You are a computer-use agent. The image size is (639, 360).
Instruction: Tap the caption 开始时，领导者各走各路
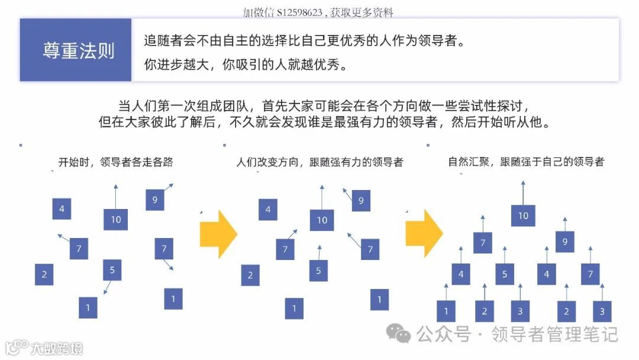point(115,162)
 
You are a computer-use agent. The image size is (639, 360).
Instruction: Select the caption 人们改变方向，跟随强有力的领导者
point(319,162)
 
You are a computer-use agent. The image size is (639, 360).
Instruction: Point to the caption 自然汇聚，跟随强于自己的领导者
point(526,162)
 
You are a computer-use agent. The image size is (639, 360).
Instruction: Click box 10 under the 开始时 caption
point(115,220)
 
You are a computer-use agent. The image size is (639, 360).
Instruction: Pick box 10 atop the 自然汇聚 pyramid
point(523,216)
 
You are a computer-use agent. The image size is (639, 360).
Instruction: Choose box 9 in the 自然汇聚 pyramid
point(564,242)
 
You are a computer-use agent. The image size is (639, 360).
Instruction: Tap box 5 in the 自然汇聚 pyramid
point(504,274)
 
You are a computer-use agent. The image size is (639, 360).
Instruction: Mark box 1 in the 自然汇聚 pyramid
point(446,311)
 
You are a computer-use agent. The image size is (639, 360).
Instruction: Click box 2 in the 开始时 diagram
point(44,275)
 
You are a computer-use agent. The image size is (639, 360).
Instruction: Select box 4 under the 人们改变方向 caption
point(268,209)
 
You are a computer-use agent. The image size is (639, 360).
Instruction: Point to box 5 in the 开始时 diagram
point(112,270)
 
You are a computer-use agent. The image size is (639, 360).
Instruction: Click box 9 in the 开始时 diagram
point(154,200)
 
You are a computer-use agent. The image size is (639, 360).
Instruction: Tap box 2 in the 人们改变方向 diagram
point(250,275)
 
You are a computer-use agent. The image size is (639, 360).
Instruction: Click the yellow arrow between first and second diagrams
point(218,234)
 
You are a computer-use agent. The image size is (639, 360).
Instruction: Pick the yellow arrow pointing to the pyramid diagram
point(424,234)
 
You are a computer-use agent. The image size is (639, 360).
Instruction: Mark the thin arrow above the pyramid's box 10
point(523,192)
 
